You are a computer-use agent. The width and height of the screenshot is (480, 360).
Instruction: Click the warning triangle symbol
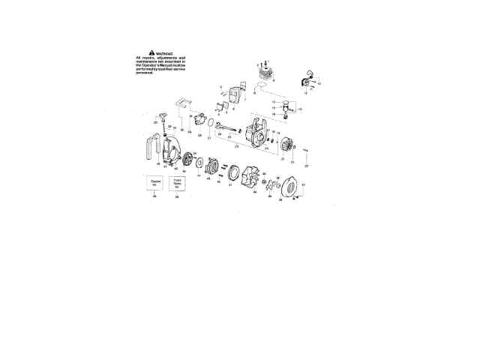coord(151,52)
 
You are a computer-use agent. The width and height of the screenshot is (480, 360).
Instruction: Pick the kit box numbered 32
coord(177,182)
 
